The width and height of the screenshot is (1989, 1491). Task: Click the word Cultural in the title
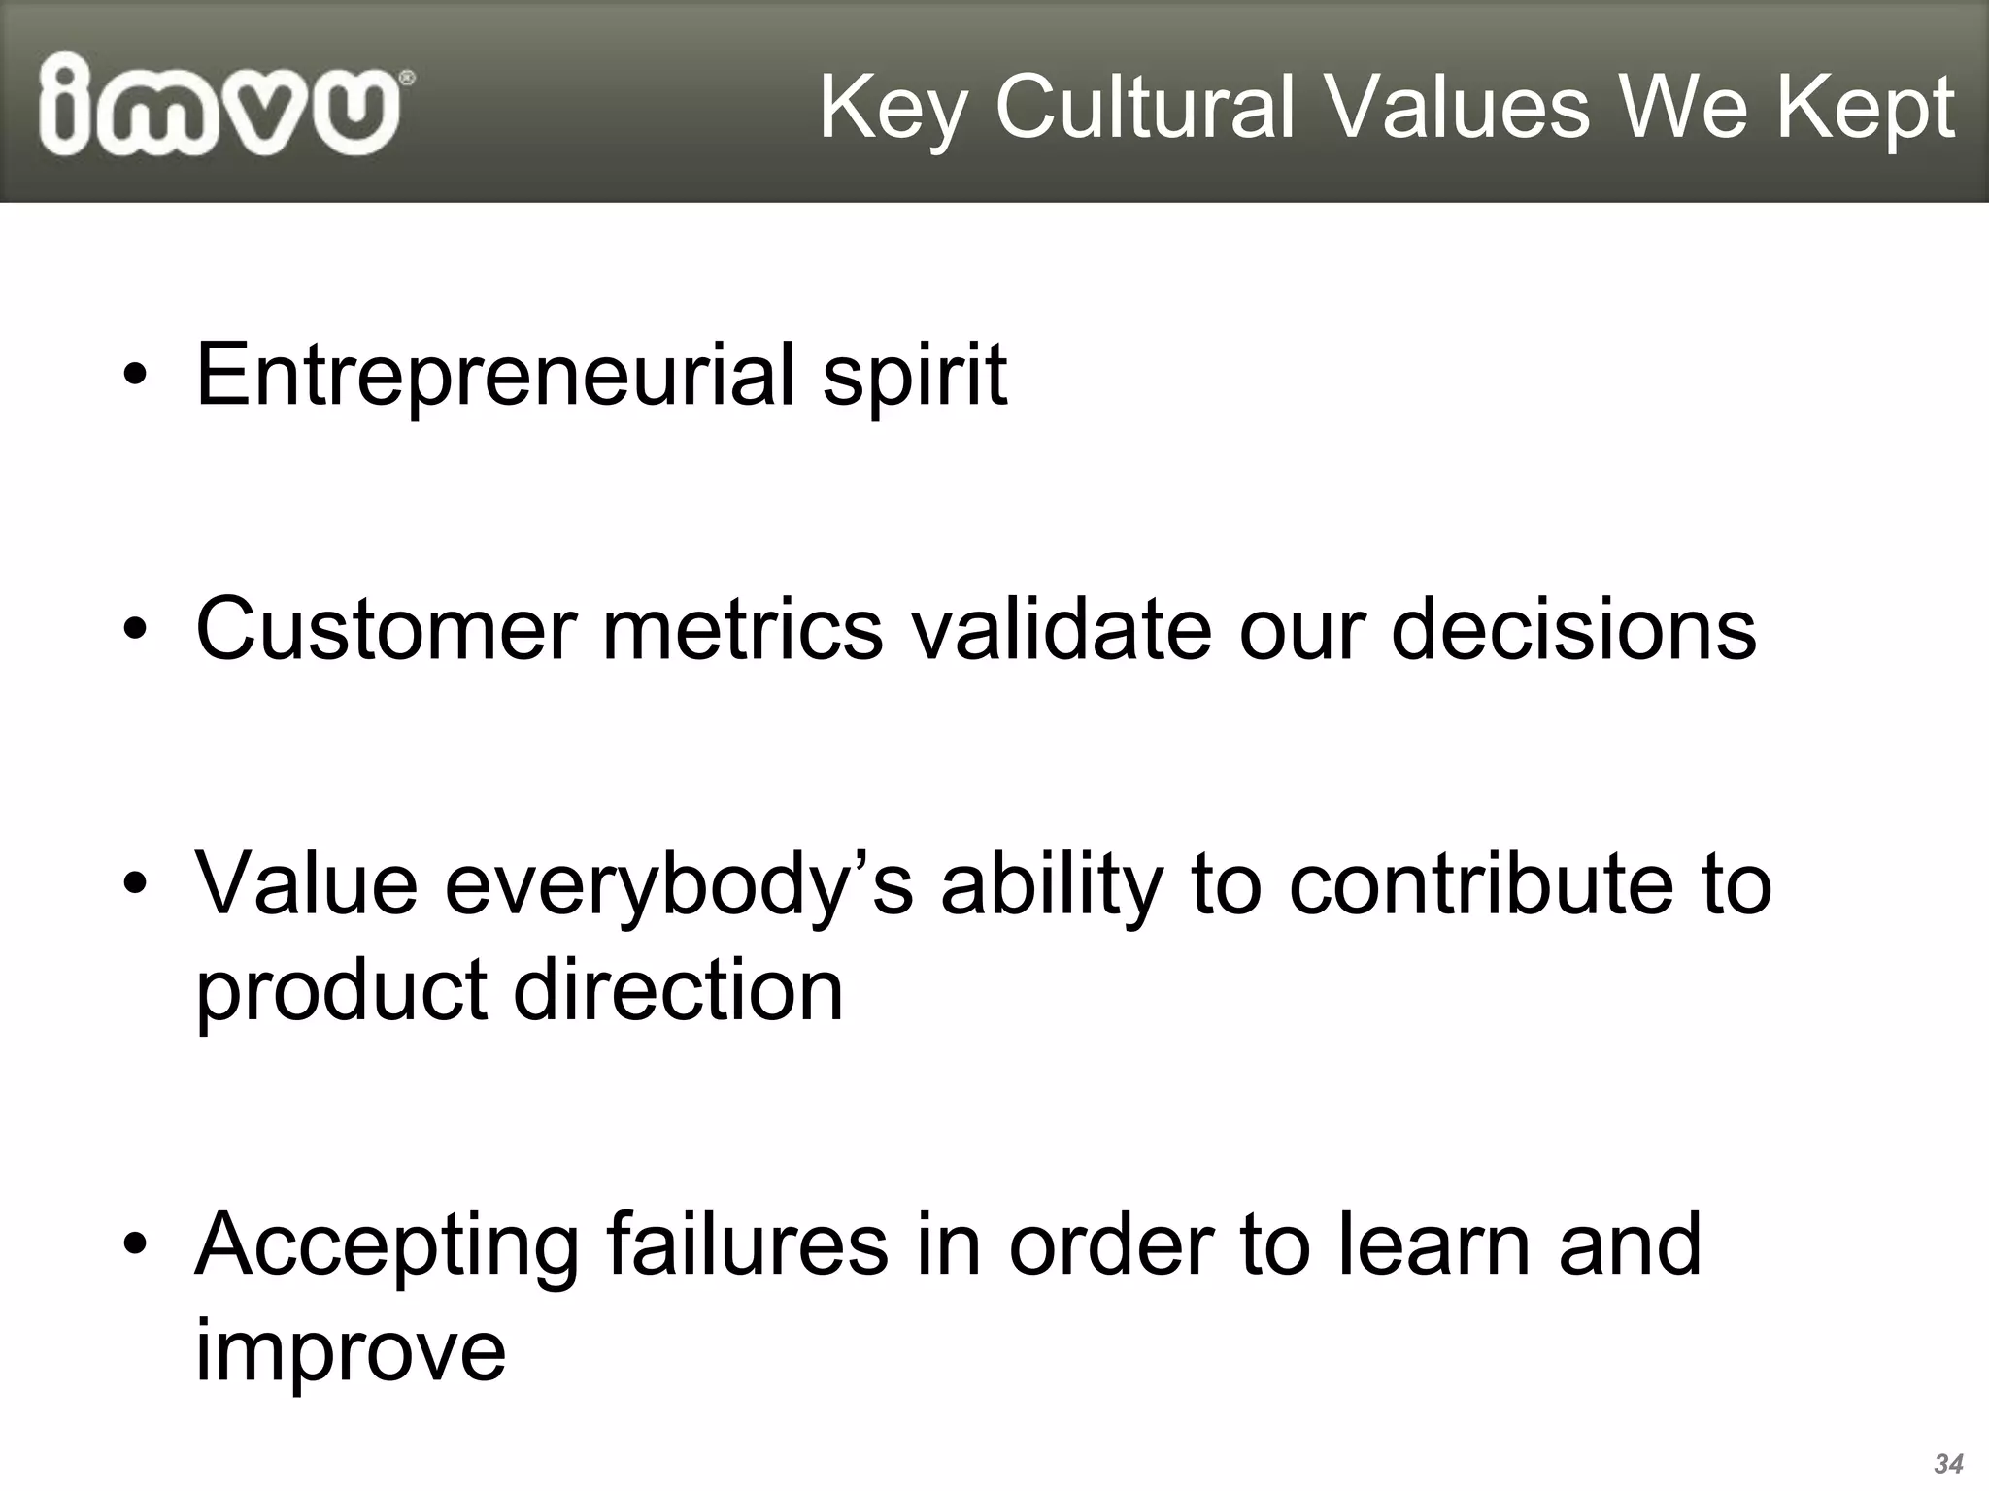click(x=1145, y=108)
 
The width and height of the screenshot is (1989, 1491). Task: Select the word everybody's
click(x=679, y=887)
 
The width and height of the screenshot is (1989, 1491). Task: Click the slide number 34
click(x=1948, y=1464)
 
